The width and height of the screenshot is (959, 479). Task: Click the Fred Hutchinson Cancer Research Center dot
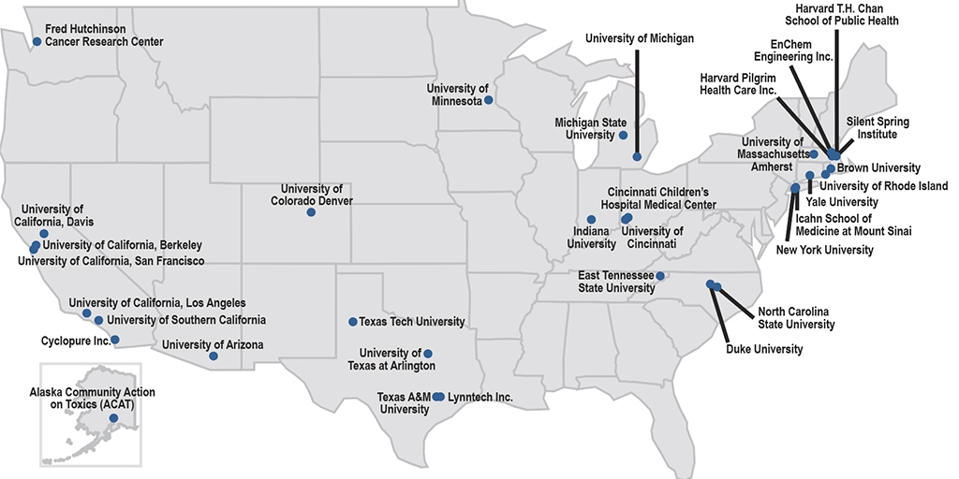37,41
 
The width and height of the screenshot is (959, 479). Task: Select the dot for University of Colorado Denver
311,212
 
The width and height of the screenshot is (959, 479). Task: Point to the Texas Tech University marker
352,322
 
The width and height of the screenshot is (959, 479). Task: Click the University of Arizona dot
214,356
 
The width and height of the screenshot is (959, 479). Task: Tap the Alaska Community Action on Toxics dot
113,417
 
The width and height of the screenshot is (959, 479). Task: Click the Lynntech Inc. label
480,398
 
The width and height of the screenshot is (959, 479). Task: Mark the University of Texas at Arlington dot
428,354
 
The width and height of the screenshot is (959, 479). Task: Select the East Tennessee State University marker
660,276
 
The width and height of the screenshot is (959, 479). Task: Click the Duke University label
764,350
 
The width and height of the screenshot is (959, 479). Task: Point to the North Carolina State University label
796,318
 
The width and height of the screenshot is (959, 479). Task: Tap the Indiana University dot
591,220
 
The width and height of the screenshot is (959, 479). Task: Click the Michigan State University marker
623,135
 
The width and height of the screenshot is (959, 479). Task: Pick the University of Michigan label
640,38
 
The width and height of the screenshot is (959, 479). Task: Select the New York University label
824,250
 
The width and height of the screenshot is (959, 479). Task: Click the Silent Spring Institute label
878,128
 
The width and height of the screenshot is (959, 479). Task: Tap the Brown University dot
831,168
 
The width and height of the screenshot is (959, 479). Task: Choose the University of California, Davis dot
44,233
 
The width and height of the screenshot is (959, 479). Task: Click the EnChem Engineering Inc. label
801,51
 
